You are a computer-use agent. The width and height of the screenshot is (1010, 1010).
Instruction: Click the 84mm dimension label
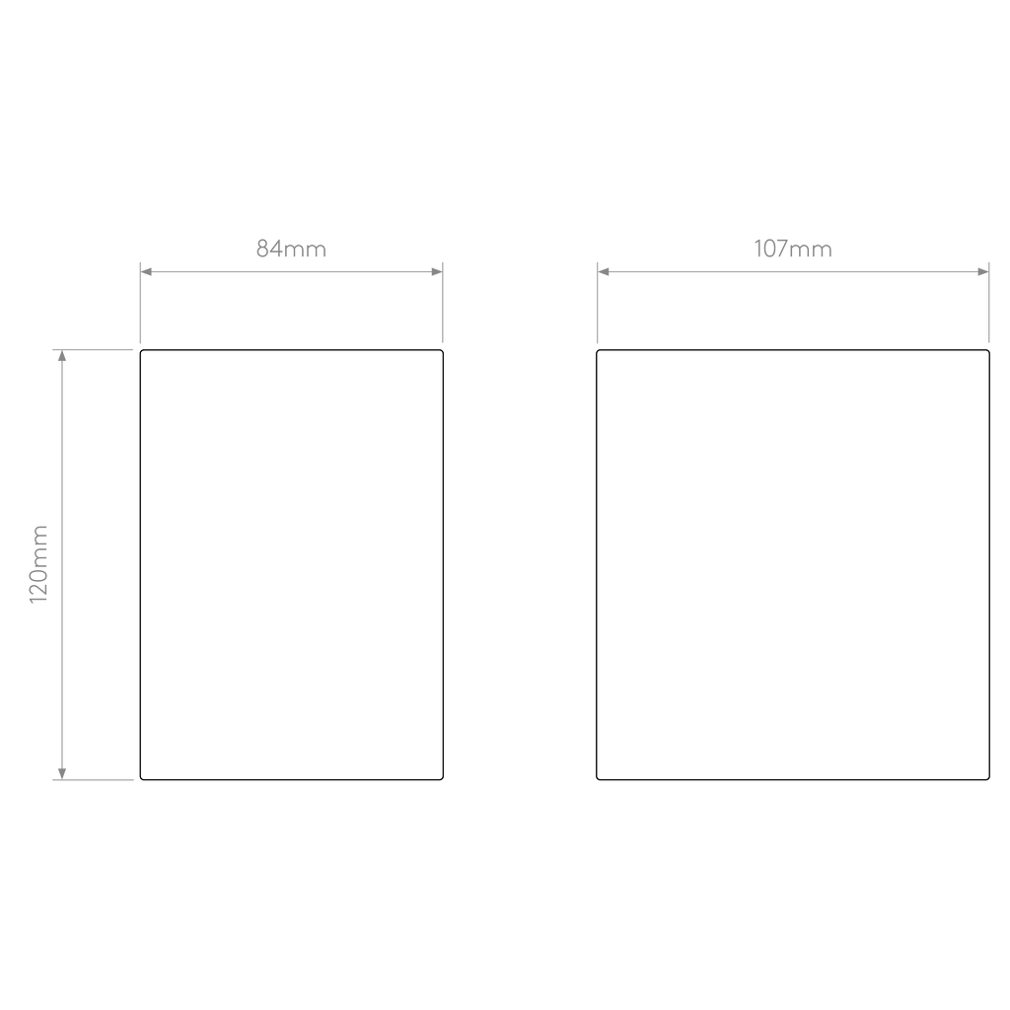coord(291,249)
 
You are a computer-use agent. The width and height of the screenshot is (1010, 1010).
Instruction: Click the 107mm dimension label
coord(793,249)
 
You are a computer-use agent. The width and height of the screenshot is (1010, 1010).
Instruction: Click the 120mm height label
coord(38,564)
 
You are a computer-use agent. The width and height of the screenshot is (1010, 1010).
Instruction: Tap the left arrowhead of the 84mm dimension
coord(146,272)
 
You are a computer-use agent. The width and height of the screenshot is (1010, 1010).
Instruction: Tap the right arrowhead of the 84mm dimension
coord(437,272)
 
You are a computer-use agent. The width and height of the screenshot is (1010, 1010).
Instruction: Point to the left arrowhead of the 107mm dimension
coord(604,272)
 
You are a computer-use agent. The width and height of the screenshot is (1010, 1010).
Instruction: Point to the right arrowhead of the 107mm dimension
coord(983,272)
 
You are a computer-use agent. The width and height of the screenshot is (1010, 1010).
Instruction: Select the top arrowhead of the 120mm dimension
coord(62,355)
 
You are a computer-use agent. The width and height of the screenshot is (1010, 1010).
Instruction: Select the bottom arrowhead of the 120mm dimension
coord(62,773)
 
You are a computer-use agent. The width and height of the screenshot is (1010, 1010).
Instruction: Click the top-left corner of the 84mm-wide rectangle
coord(141,351)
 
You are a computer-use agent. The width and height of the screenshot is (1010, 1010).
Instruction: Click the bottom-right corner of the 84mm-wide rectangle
coord(443,779)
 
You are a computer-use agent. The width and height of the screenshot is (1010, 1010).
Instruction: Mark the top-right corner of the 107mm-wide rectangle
coord(988,351)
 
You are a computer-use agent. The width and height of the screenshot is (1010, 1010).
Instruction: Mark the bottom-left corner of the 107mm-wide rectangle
coord(597,779)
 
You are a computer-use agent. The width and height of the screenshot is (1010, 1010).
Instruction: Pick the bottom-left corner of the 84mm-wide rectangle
coord(141,779)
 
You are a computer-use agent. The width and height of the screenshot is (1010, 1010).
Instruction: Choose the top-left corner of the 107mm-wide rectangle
coord(597,351)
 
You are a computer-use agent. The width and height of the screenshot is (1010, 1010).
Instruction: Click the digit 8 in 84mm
coord(262,249)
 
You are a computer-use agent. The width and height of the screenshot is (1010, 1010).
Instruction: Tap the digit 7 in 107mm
coord(781,249)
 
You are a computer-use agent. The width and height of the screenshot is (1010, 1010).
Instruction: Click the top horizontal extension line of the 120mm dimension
coord(93,350)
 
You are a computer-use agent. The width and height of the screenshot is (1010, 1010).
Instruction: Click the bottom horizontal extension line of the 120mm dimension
coord(93,780)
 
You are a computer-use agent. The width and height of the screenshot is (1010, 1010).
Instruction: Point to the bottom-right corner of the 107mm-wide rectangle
coord(988,779)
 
